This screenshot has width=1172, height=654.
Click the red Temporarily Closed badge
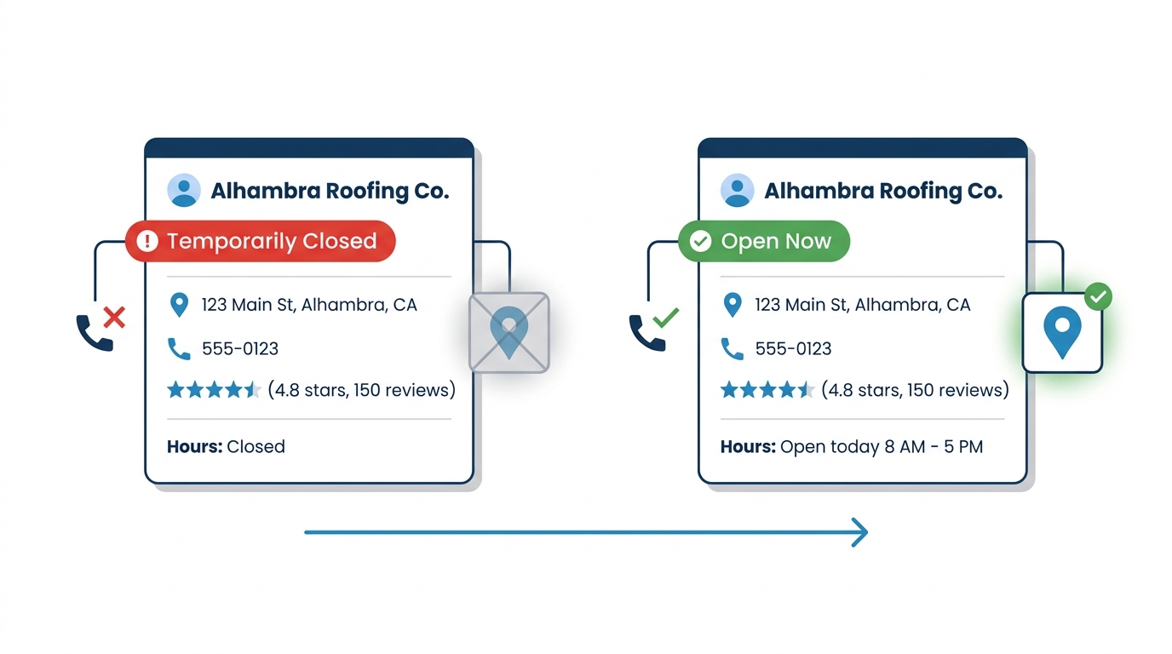point(260,241)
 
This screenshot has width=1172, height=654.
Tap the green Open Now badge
point(764,241)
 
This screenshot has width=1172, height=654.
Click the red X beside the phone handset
point(114,317)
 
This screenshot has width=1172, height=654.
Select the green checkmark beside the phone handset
point(665,317)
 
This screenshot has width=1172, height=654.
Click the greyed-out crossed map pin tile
point(509,332)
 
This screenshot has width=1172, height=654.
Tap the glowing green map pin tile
point(1062,333)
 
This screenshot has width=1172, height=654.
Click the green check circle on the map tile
point(1098,296)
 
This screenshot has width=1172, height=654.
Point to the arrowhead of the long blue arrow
point(867,532)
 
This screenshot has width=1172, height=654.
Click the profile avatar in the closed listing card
point(184,190)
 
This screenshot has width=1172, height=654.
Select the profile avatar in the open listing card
point(738,190)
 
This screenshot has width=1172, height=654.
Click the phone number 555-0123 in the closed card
point(240,348)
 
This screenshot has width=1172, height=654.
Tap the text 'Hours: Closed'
point(226,446)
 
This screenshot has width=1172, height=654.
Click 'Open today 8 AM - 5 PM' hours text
point(882,446)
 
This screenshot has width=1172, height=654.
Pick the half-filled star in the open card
point(807,390)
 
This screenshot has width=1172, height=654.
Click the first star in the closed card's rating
point(175,390)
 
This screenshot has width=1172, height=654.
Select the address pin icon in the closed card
point(179,305)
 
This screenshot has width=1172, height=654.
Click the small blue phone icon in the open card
point(732,349)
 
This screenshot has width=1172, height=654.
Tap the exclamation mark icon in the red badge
point(147,241)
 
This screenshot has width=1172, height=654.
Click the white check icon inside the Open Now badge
point(700,241)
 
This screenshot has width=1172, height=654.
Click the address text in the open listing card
point(863,305)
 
